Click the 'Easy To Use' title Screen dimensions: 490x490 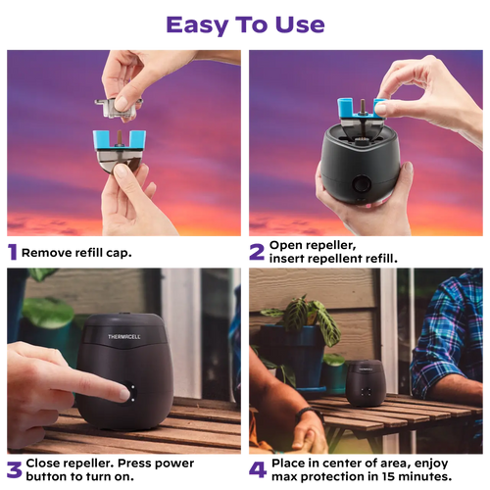click(x=245, y=25)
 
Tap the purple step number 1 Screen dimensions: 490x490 click(x=13, y=252)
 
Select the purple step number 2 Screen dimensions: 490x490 click(x=257, y=252)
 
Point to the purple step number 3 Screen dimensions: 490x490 click(x=14, y=470)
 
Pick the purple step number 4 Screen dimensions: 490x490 click(x=258, y=469)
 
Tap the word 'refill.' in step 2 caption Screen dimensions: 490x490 click(x=381, y=259)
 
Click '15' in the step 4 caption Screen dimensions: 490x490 click(x=388, y=476)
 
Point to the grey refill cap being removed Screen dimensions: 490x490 click(x=118, y=107)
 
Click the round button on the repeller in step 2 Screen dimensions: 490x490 click(x=362, y=183)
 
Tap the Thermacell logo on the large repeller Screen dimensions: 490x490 click(x=124, y=336)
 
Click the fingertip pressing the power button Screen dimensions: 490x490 click(x=123, y=395)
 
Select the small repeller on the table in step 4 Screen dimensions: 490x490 click(x=366, y=383)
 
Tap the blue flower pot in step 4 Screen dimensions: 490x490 click(x=296, y=356)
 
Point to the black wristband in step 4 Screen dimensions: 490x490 click(x=309, y=415)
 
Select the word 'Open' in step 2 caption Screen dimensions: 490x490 click(x=282, y=246)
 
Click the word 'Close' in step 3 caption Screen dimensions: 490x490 click(x=43, y=464)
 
